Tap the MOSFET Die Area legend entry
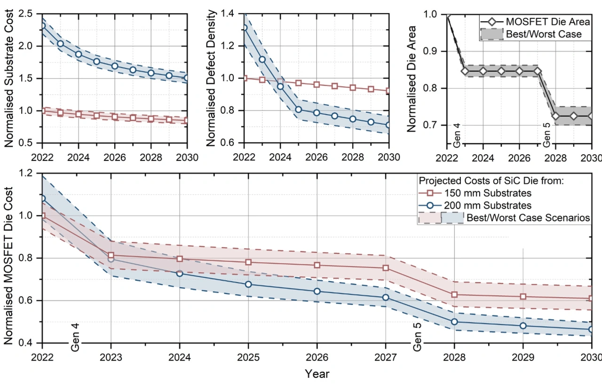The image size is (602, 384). coord(547,22)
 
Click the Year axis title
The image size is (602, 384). coord(317,374)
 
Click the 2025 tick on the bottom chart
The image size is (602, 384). coord(248,356)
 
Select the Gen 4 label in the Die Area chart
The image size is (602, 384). coord(455,136)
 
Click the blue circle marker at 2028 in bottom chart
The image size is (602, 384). coord(454,322)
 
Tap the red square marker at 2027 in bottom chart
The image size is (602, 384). coord(386,268)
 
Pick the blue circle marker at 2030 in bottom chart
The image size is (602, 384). coord(592,329)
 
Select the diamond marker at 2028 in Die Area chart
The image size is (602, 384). coord(555,116)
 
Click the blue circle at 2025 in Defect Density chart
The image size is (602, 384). coord(298,110)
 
